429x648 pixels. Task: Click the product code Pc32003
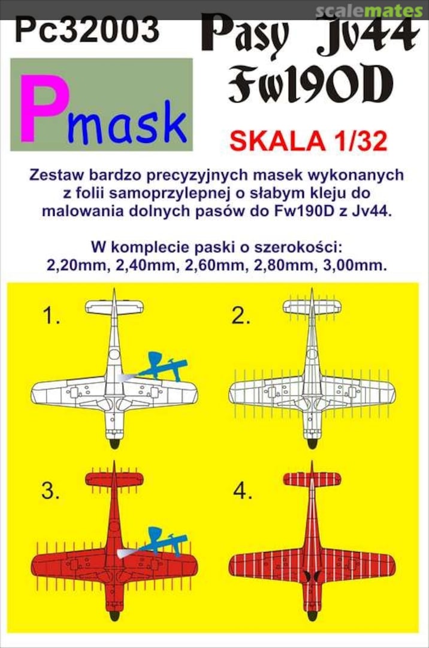[87, 29]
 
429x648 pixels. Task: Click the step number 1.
[50, 317]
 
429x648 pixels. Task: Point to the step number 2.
[241, 317]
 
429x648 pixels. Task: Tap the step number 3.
[50, 492]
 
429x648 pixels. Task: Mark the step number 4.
[242, 492]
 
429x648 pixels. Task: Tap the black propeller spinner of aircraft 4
[312, 615]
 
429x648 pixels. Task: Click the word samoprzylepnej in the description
[153, 195]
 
